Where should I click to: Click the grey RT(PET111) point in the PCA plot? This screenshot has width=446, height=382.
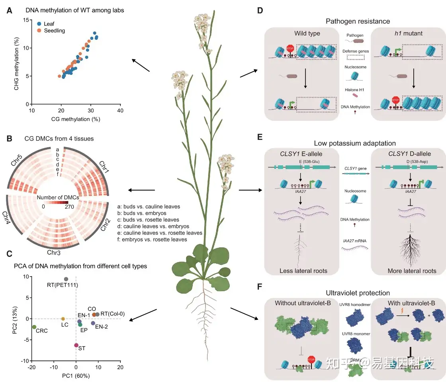pos(66,279)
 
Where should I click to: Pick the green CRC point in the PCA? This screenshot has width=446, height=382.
pos(34,327)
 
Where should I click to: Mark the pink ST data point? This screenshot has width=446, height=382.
pos(76,345)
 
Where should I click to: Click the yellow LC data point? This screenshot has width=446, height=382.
pos(63,319)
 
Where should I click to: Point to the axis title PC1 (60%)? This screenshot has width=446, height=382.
pos(76,375)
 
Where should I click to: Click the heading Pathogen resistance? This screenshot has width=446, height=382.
pos(358,21)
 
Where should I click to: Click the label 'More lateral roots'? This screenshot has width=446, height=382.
pos(412,271)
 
